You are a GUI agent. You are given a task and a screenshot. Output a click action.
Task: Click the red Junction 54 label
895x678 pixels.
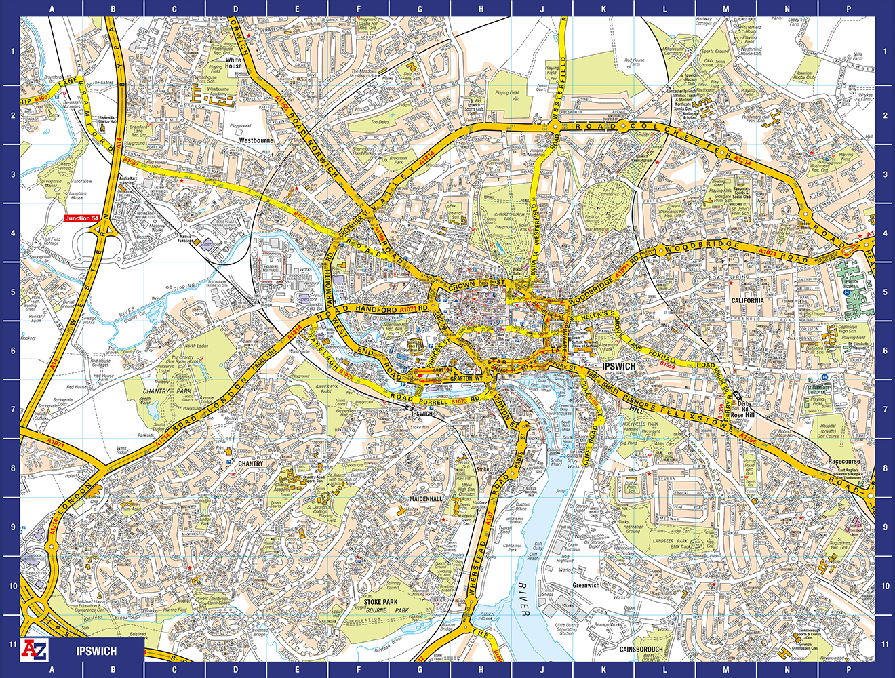[x=81, y=218]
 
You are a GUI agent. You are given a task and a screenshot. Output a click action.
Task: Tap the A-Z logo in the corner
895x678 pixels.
[x=35, y=650]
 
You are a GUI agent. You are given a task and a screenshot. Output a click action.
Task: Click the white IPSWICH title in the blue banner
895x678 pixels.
[x=96, y=651]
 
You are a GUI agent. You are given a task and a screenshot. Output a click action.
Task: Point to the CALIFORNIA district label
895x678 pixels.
[x=747, y=300]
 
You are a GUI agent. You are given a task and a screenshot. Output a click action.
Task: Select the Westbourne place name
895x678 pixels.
[x=255, y=140]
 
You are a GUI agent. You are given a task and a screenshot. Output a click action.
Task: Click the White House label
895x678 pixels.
[x=233, y=63]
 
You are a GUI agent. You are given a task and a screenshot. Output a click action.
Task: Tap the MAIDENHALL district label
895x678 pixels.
[x=425, y=499]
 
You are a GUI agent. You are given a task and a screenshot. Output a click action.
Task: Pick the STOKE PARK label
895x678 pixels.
[x=380, y=602]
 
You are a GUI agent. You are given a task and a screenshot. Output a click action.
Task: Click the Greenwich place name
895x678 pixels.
[x=586, y=585]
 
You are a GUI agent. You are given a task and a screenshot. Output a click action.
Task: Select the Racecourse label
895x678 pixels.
[x=843, y=462]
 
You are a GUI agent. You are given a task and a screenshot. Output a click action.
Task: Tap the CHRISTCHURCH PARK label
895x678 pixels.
[x=510, y=218]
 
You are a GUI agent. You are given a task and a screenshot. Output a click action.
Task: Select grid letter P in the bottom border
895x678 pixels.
[x=848, y=670]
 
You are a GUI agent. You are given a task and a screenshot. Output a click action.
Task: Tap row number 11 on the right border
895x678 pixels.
[x=885, y=645]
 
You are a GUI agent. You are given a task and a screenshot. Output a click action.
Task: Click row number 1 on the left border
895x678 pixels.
[x=11, y=52]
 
